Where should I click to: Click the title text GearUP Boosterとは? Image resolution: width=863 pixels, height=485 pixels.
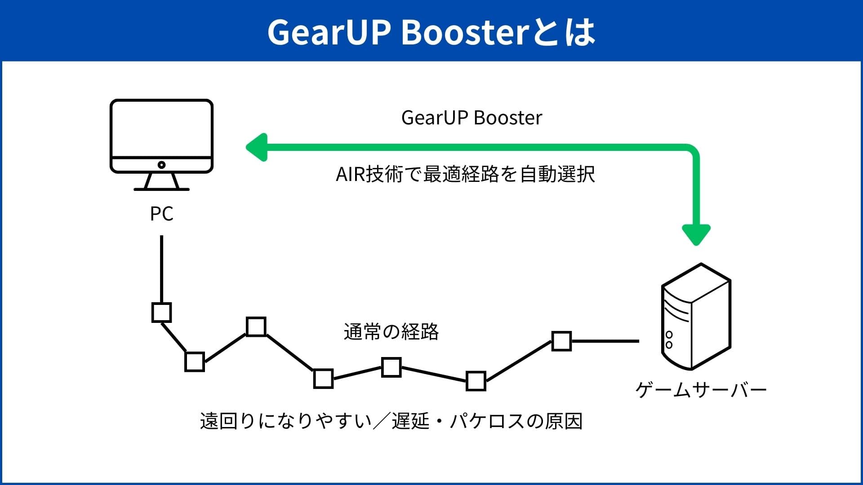431,32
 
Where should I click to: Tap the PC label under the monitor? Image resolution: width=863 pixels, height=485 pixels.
161,214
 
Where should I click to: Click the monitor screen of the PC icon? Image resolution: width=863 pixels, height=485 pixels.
161,129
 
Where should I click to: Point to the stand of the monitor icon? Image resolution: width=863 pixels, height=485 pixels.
161,181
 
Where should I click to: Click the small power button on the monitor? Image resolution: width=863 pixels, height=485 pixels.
161,165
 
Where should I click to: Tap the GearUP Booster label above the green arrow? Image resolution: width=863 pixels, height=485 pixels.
472,118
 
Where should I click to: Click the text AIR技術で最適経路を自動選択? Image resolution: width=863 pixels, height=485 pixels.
465,174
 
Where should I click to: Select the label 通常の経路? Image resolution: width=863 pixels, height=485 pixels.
391,332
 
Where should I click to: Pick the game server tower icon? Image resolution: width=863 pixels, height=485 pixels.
696,317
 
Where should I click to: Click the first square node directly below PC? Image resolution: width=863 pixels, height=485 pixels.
161,313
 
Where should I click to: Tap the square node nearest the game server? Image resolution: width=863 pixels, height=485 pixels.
561,341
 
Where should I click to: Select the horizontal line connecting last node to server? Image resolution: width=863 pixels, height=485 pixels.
605,341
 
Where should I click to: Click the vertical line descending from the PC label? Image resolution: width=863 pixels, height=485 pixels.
161,269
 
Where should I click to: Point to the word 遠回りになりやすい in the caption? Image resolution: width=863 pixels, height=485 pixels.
286,421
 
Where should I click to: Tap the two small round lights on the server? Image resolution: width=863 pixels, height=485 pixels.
669,339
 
